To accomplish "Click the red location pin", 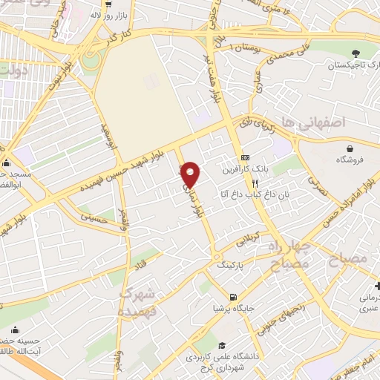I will (x=191, y=174).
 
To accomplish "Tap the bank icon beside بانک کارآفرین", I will (x=245, y=158).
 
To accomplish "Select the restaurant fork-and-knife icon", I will (x=255, y=183).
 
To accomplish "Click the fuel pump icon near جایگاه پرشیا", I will (x=234, y=298).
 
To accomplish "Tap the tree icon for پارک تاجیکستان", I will (x=356, y=52).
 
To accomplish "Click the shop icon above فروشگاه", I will (x=344, y=148).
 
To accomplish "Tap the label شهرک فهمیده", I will (x=138, y=302).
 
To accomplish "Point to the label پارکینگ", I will (x=231, y=264).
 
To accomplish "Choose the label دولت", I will (x=15, y=71).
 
